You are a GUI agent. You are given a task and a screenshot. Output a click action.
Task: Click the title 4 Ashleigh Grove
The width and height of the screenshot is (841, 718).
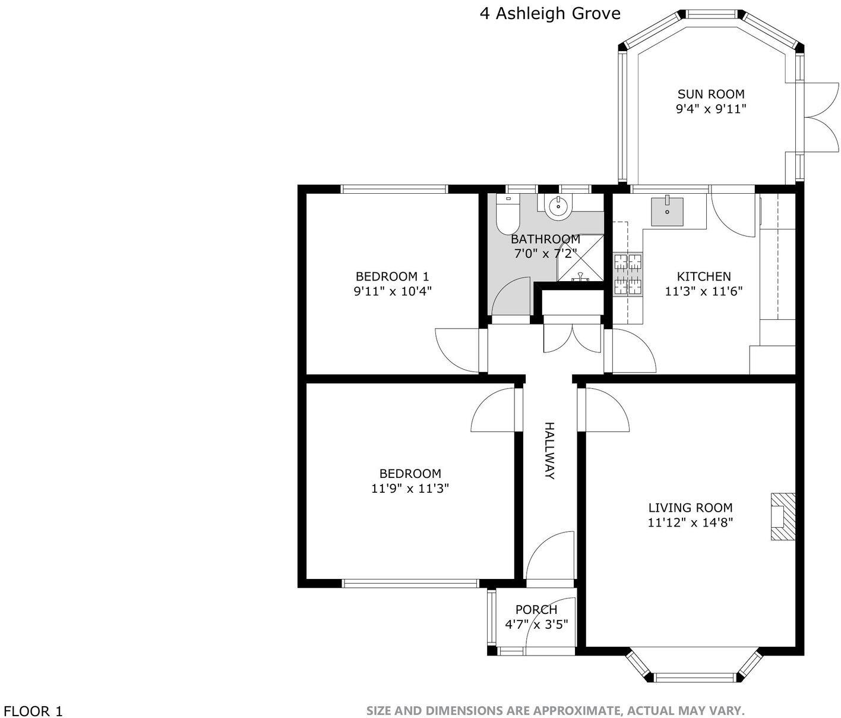pos(550,14)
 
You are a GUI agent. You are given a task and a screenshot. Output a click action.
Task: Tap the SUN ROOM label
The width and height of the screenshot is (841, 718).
pos(711,94)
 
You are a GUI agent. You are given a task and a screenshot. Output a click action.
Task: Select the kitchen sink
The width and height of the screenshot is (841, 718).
pos(667,212)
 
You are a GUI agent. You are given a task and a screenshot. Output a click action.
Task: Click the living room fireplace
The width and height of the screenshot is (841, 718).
pos(783,517)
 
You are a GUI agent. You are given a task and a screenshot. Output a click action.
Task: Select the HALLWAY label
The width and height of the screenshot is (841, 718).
pos(550,451)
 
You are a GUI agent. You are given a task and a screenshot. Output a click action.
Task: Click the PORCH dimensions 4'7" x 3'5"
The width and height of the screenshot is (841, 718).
pos(536,624)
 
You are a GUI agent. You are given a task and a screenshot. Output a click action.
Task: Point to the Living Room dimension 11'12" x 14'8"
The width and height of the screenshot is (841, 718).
pos(690,522)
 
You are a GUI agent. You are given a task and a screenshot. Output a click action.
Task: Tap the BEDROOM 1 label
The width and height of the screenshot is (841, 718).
pos(392,276)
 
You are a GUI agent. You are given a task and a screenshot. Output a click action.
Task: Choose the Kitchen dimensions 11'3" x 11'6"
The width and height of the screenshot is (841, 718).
pos(704,291)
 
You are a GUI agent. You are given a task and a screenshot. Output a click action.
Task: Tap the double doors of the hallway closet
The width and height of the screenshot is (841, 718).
pos(573,339)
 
